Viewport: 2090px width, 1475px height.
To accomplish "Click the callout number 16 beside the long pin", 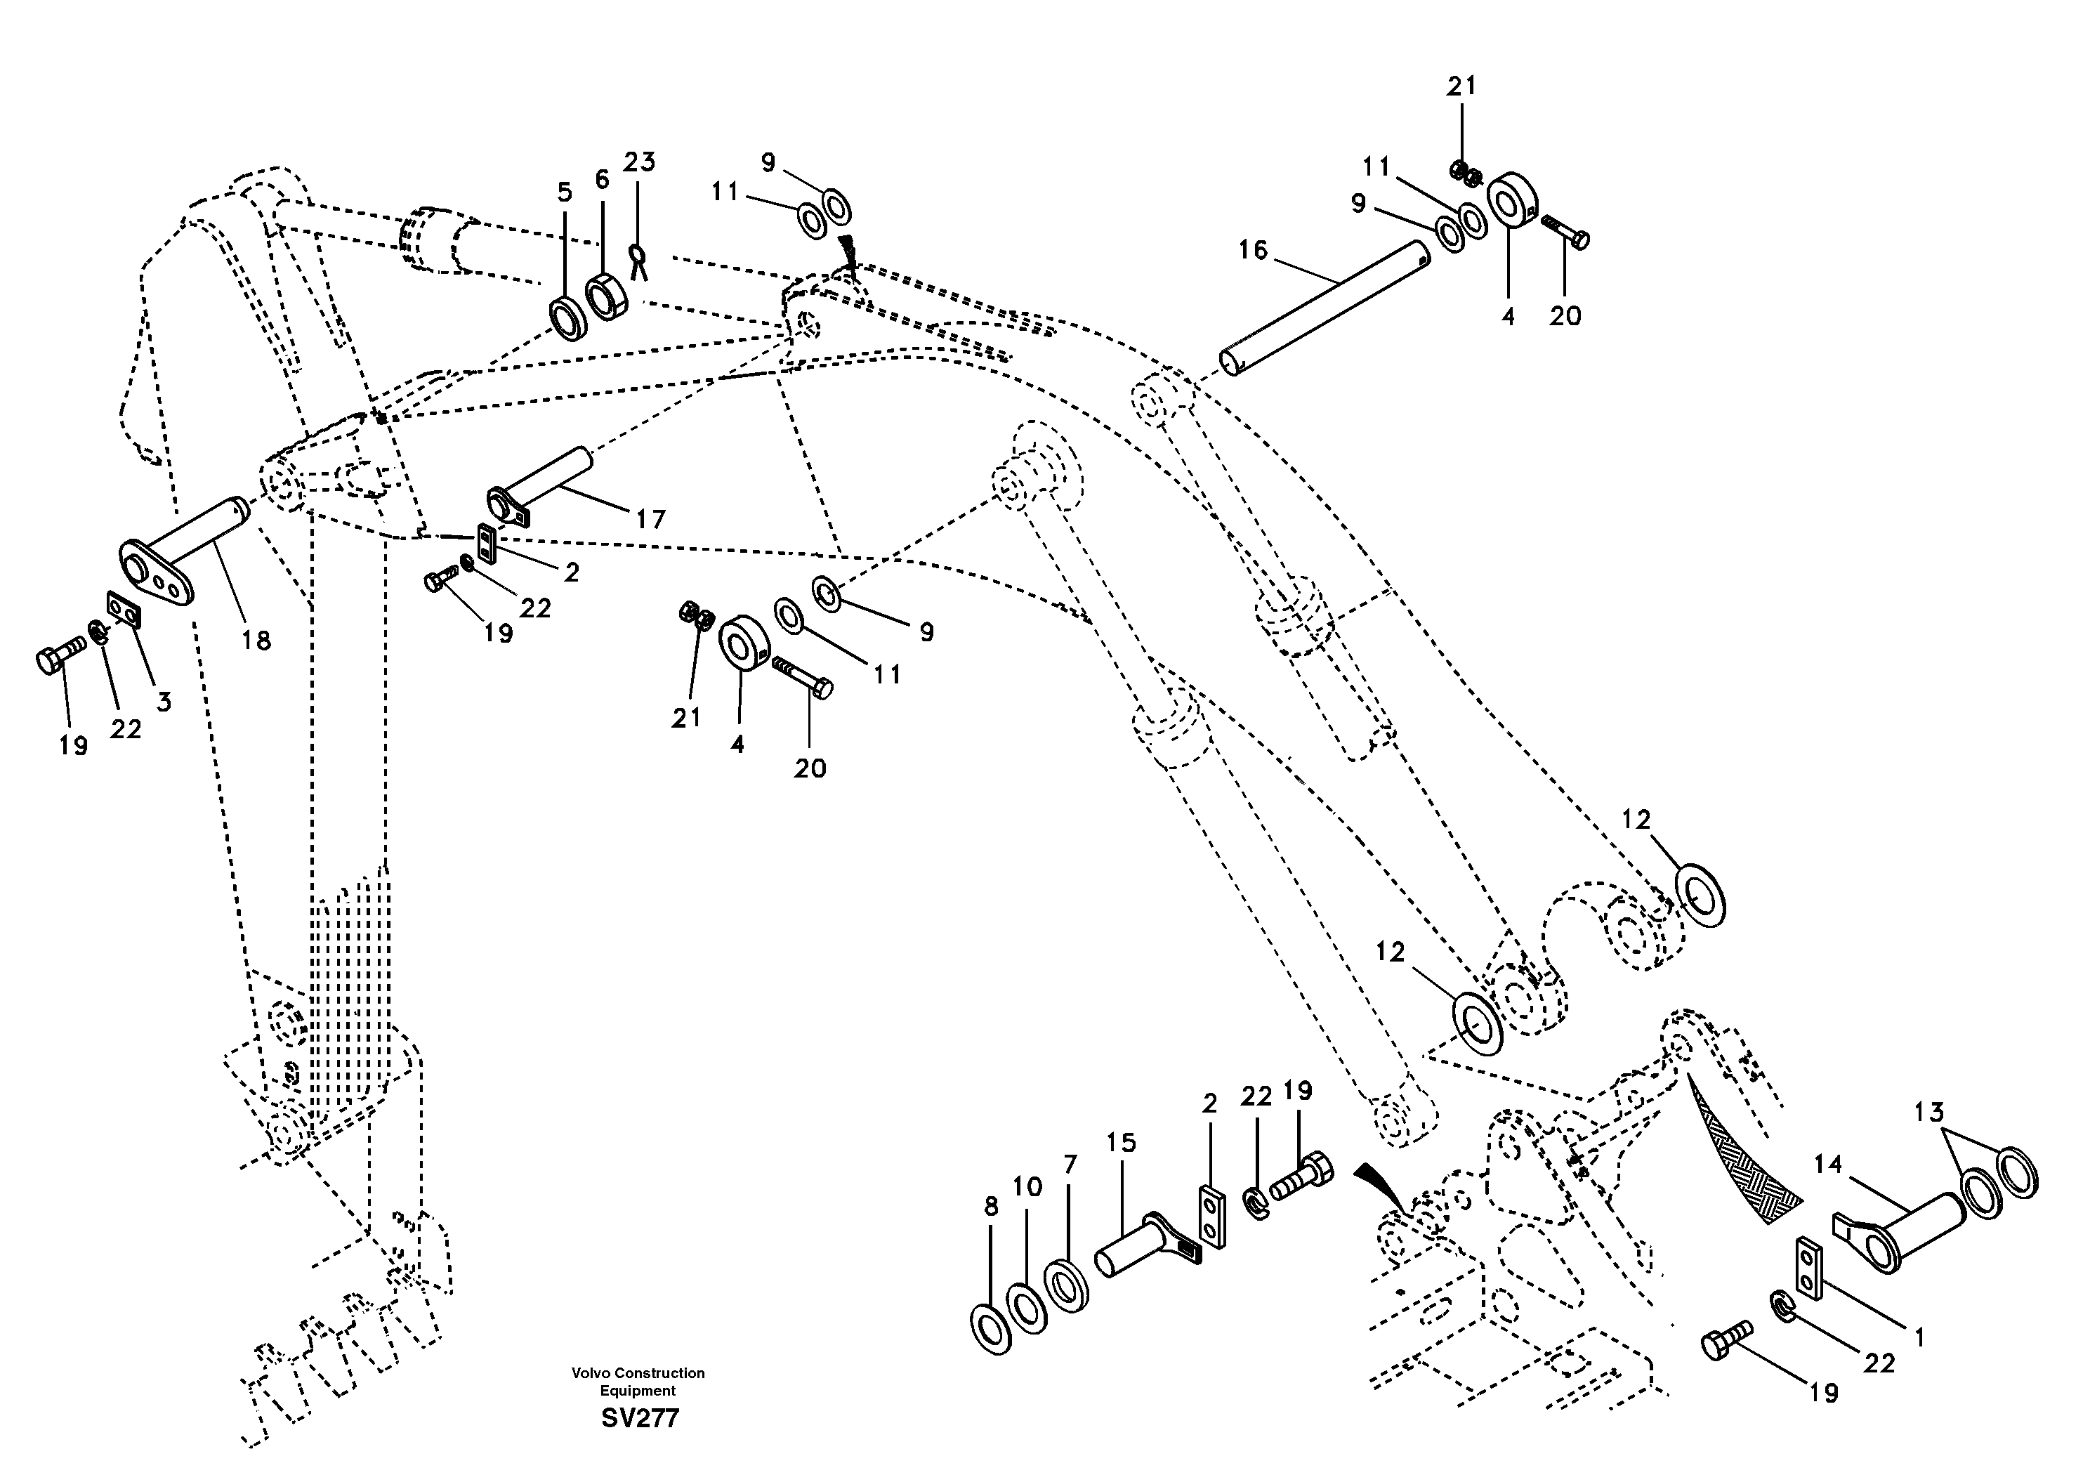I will (x=1253, y=249).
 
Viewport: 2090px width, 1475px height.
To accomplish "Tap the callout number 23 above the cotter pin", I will (x=639, y=162).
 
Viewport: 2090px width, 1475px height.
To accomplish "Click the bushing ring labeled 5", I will (x=570, y=319).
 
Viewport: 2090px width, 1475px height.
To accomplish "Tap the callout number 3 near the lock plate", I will (x=164, y=702).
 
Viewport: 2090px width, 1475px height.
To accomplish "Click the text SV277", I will (x=640, y=1419).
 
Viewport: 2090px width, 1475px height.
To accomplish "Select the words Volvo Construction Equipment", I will (x=638, y=1381).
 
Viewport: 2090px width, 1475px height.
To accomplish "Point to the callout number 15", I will (x=1122, y=1143).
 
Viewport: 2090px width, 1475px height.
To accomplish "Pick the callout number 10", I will (x=1027, y=1186).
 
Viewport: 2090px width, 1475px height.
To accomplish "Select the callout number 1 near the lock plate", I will (x=1920, y=1337).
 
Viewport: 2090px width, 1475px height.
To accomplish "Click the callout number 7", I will (x=1070, y=1165).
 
